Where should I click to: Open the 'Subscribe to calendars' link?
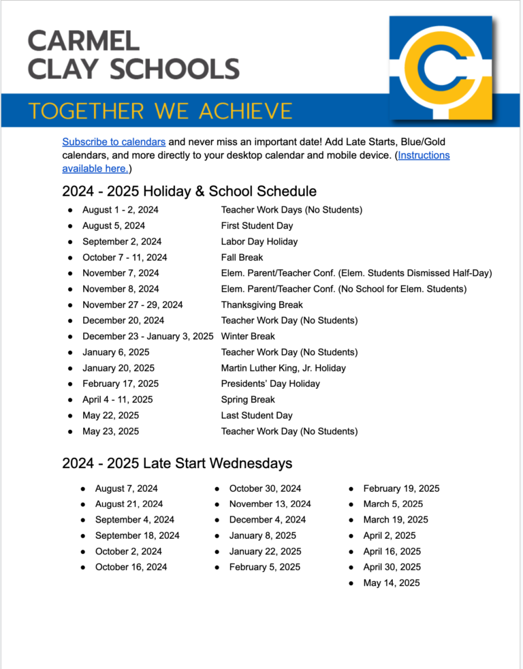coord(114,142)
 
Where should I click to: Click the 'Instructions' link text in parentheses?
coord(424,155)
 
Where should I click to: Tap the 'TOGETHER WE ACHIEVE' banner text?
coord(161,111)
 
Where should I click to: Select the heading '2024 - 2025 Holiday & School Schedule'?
coord(189,191)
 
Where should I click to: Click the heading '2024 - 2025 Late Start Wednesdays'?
coord(177,463)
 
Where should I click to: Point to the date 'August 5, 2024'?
coord(114,225)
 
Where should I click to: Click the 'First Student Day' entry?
coord(257,225)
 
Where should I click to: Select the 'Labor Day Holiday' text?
coord(259,242)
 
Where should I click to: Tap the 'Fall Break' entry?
coord(242,258)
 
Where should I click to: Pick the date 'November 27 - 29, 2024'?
coord(132,305)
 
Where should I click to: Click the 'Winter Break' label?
coord(248,337)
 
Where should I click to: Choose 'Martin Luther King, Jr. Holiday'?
coord(283,368)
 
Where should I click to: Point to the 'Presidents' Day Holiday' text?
coord(270,384)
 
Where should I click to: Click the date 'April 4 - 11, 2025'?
coord(118,400)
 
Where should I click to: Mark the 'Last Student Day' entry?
coord(257,416)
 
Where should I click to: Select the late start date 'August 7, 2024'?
coord(126,488)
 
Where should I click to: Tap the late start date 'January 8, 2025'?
coord(262,535)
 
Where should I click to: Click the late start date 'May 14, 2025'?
coord(392,583)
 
